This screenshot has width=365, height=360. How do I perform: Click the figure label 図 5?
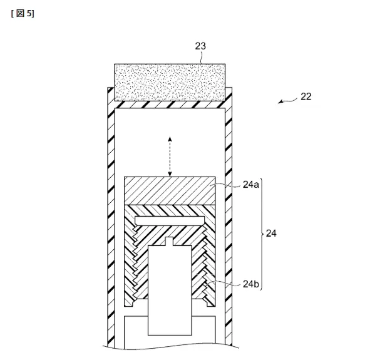[x=23, y=13]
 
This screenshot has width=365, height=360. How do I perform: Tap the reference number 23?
[x=200, y=46]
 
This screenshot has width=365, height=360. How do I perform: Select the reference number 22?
[x=306, y=96]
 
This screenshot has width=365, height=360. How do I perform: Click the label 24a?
[x=250, y=185]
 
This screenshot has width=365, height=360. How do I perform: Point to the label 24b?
[x=250, y=284]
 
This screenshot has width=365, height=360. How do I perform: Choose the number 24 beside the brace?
[x=271, y=234]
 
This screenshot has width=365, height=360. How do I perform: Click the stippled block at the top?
[x=170, y=82]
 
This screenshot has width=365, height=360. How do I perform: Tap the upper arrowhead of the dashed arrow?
[x=170, y=139]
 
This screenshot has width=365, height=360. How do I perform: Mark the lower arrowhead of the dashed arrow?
[x=170, y=174]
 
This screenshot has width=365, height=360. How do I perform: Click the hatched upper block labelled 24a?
[x=170, y=191]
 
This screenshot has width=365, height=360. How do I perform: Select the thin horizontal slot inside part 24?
[x=170, y=221]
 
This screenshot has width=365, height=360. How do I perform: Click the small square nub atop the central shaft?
[x=169, y=241]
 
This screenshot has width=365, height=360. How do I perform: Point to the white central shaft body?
[x=170, y=291]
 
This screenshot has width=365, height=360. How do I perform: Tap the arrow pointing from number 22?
[x=288, y=101]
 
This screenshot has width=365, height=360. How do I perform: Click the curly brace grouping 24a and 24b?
[x=261, y=234]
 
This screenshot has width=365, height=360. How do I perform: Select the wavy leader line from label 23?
[x=202, y=58]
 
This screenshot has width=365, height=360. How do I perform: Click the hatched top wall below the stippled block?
[x=170, y=105]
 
